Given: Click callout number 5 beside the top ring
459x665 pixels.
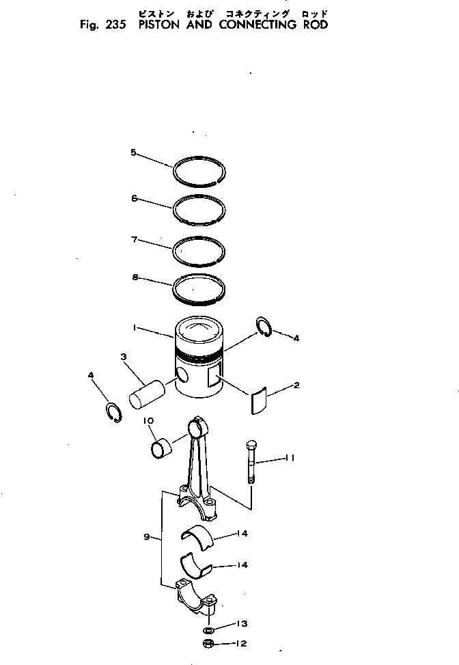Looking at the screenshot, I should point(133,152).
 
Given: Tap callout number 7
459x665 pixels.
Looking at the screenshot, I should point(135,239).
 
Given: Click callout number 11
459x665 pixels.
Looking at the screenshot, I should point(289,459).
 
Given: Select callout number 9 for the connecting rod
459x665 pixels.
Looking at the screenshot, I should point(146,537).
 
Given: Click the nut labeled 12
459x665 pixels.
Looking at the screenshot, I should point(208,644).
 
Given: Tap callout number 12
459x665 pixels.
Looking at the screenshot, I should point(240,643).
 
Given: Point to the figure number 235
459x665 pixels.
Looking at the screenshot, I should point(109,25).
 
